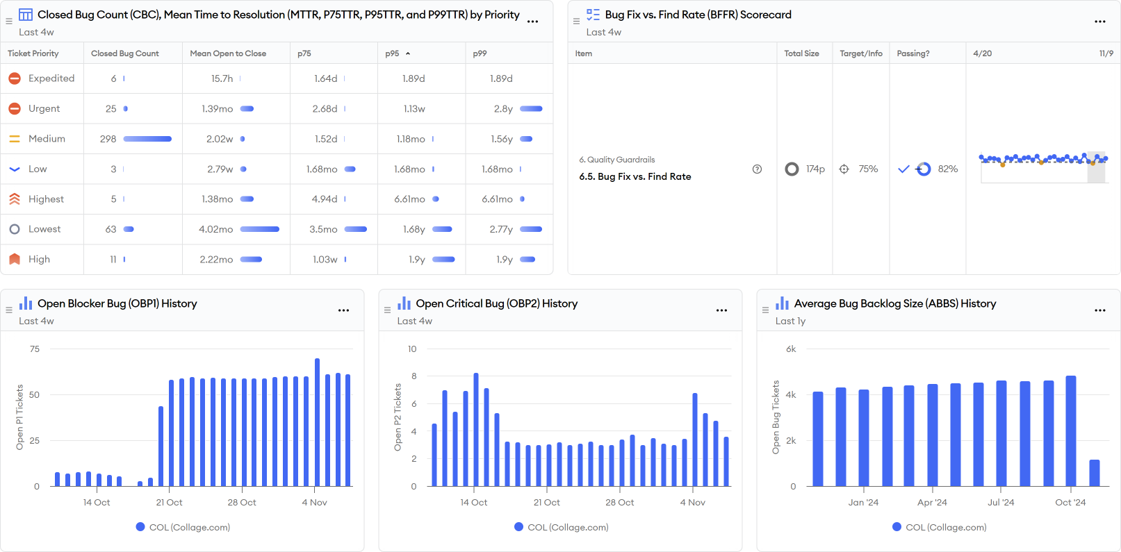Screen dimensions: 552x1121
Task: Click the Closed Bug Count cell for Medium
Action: click(108, 139)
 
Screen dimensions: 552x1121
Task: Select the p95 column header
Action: click(393, 53)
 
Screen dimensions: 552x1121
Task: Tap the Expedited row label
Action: click(51, 78)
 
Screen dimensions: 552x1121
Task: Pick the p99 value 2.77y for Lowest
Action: click(501, 229)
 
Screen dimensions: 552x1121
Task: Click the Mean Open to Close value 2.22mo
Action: click(216, 260)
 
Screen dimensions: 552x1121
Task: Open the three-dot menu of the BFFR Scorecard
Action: click(1099, 22)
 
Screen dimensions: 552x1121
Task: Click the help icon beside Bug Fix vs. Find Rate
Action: click(757, 169)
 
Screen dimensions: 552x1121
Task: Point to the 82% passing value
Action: click(947, 169)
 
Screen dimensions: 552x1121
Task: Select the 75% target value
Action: click(868, 169)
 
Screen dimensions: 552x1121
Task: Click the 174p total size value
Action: click(815, 169)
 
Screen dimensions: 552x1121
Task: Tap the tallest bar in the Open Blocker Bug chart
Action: click(318, 422)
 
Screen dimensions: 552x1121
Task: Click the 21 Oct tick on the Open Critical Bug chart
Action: click(547, 502)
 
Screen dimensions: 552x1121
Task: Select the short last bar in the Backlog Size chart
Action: click(1095, 473)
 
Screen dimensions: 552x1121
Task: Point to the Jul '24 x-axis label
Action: click(1001, 502)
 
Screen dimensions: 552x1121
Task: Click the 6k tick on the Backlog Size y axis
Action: click(791, 349)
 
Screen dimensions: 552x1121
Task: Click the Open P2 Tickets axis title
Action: click(398, 417)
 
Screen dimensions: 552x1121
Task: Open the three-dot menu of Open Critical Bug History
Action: click(721, 310)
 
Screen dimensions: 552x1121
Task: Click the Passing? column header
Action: click(913, 53)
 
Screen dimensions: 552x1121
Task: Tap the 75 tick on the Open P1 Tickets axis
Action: click(35, 349)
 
